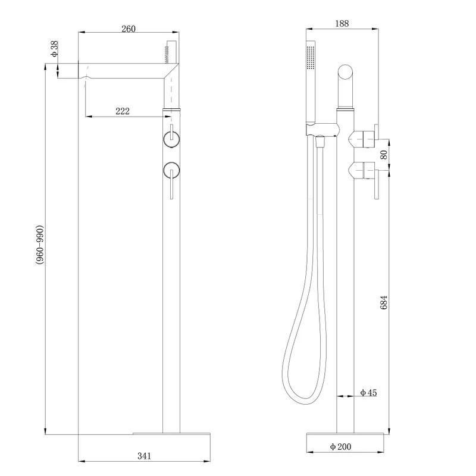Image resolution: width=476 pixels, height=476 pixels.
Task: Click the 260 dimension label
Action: click(129, 29)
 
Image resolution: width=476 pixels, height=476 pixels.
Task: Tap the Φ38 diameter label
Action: click(54, 49)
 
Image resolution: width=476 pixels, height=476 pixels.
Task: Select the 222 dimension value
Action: click(123, 111)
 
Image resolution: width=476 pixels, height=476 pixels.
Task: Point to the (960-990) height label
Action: click(40, 245)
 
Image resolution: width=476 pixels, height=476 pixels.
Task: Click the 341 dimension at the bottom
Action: click(144, 456)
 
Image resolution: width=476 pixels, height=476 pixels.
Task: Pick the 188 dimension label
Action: click(342, 23)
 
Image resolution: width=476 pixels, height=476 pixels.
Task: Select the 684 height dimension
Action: click(384, 302)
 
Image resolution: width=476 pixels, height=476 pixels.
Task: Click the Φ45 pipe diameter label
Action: click(368, 393)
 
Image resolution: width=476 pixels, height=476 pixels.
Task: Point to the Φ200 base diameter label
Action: click(340, 447)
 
